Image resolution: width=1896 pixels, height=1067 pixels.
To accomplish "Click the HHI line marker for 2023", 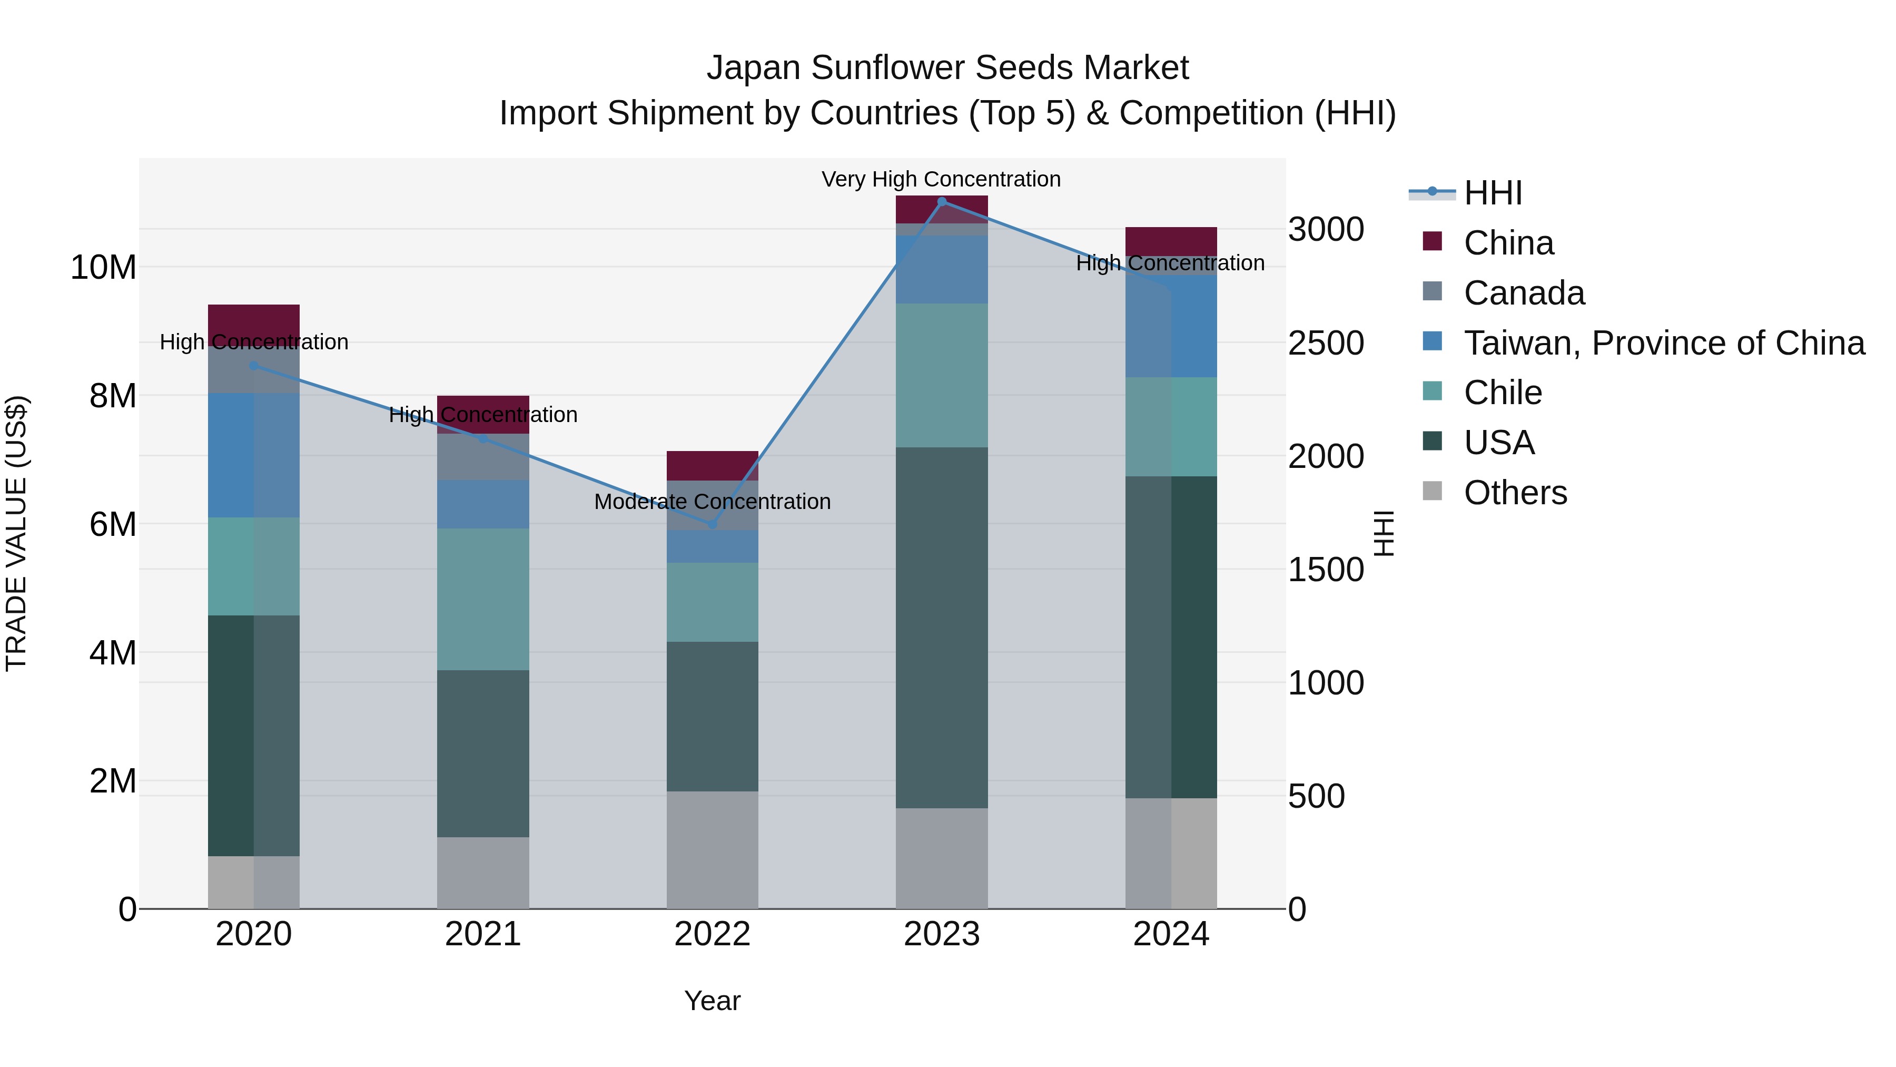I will click(941, 202).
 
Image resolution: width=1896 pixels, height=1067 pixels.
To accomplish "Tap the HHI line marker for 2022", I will click(712, 524).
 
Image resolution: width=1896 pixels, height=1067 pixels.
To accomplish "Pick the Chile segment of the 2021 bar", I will click(483, 599).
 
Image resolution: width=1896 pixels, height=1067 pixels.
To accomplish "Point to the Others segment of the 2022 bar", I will click(712, 850).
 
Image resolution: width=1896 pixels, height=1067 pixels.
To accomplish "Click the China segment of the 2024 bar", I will click(1170, 241).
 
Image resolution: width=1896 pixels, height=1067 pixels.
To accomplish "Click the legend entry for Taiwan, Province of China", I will click(1663, 343).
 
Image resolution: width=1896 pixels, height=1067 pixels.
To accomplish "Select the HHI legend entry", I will click(1492, 193).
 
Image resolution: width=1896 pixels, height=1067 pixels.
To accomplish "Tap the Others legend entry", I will click(1515, 493).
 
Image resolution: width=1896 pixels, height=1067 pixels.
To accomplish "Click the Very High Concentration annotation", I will click(941, 180).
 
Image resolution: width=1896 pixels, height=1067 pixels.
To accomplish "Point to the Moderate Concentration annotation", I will click(712, 502).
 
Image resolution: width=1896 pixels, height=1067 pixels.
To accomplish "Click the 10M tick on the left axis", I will click(103, 267).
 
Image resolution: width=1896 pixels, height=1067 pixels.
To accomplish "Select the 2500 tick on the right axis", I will click(1326, 343).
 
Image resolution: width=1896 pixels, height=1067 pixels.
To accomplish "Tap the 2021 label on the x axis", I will click(483, 934).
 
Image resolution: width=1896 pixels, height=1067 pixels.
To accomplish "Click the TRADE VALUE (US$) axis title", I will click(16, 533).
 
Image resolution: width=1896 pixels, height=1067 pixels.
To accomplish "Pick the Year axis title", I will click(712, 1001).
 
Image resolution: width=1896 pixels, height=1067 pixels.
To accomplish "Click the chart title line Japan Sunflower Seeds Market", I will click(947, 68).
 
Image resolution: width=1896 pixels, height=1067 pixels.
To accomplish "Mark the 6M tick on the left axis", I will click(113, 524).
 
